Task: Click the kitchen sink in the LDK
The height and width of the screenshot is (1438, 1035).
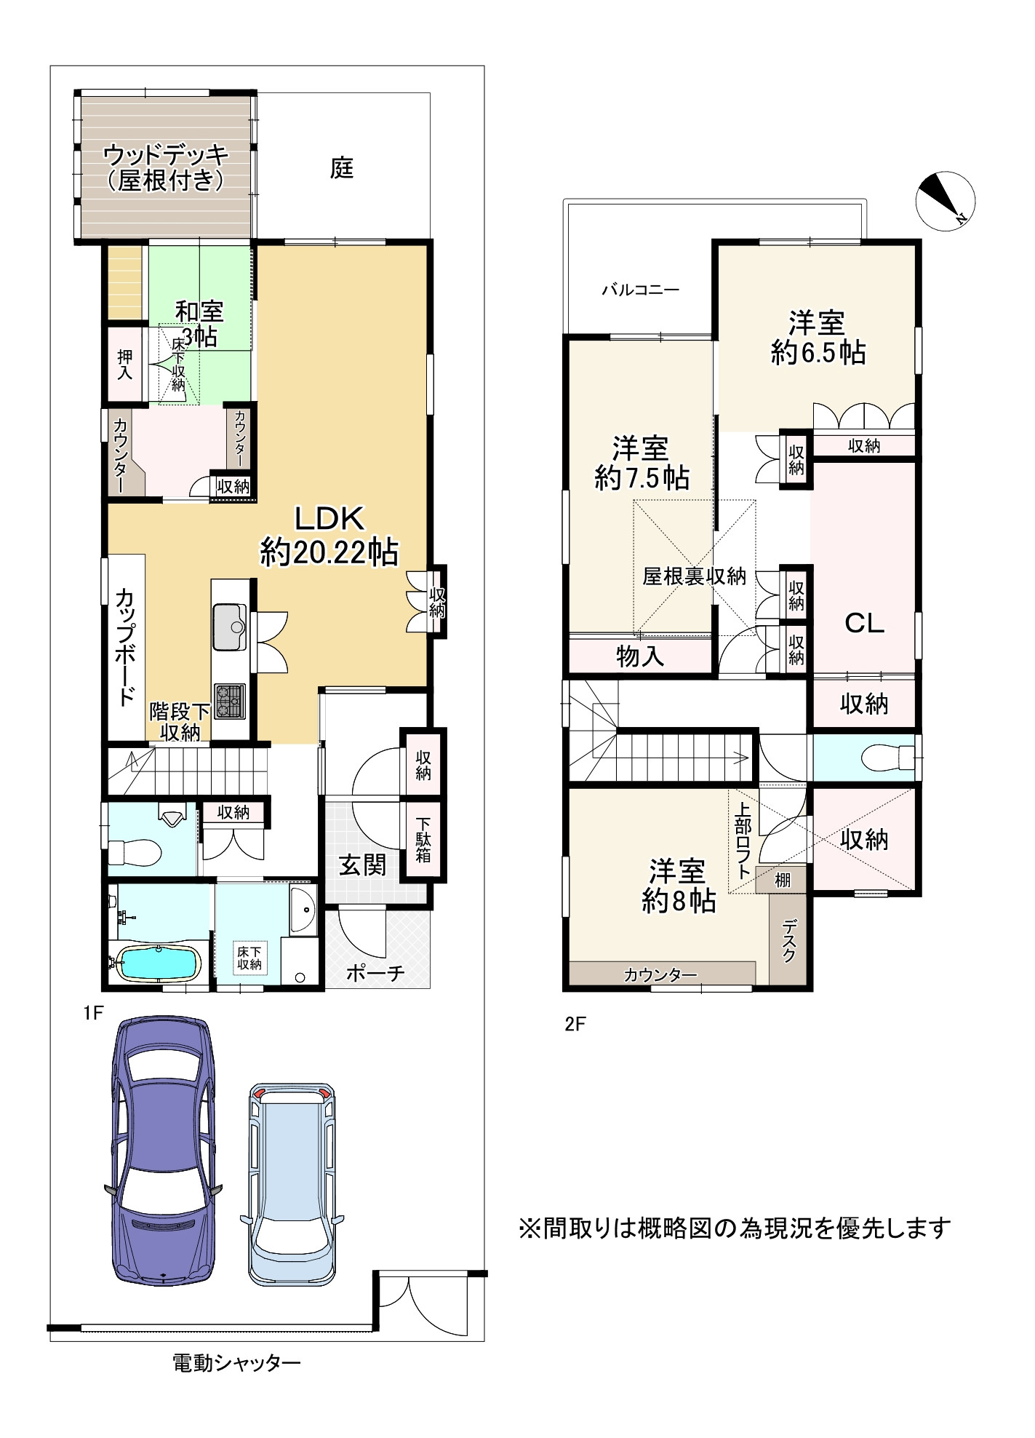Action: (230, 624)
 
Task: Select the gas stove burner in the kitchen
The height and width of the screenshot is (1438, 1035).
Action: (229, 701)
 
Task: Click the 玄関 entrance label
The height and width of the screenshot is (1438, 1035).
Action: (362, 865)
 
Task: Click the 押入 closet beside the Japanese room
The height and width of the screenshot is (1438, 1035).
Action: (125, 364)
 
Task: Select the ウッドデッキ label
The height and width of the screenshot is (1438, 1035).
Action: (166, 154)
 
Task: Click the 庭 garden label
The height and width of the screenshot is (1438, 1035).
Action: (342, 169)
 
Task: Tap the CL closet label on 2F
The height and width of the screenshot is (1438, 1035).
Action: (864, 623)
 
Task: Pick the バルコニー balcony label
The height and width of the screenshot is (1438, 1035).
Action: (640, 290)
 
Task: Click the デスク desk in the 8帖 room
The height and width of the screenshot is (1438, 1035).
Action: (789, 940)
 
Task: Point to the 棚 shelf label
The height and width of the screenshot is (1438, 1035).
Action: (782, 880)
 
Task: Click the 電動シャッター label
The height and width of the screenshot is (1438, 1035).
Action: (236, 1362)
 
